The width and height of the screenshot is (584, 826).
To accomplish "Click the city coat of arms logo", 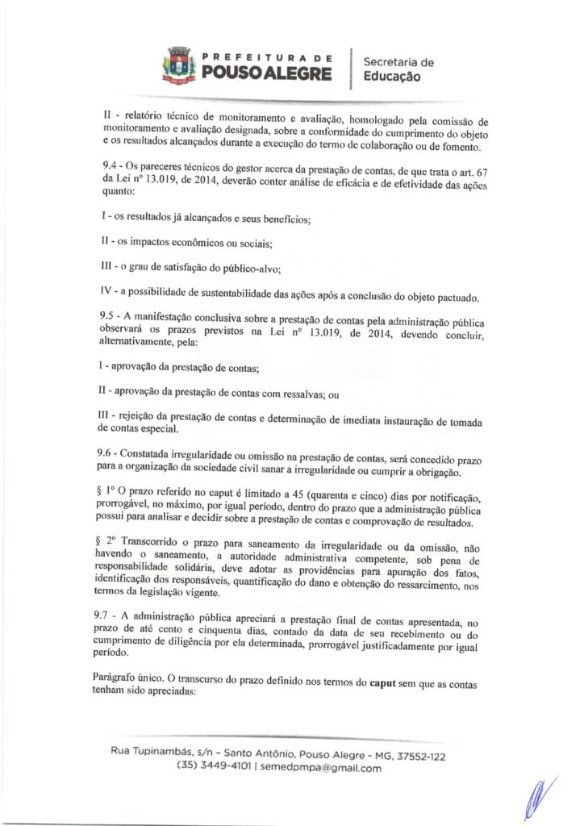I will pos(177,67).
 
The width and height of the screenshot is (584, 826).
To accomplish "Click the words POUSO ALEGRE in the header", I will pos(266,75).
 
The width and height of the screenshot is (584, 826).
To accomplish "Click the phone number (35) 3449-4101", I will pos(213,768).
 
